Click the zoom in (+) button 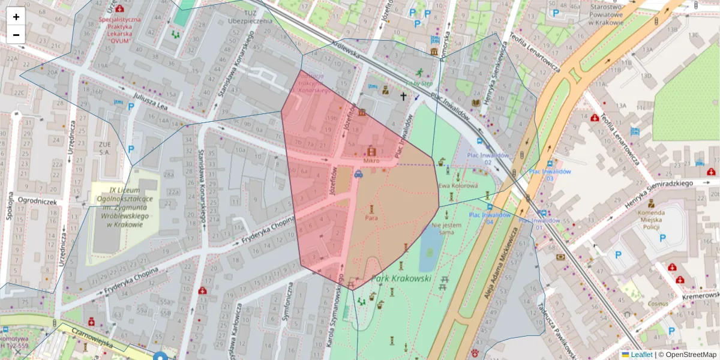pyautogui.click(x=16, y=17)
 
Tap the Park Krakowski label pyautogui.click(x=401, y=278)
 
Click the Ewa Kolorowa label pyautogui.click(x=458, y=186)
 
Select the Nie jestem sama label pyautogui.click(x=447, y=228)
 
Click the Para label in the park pyautogui.click(x=371, y=218)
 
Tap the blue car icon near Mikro pyautogui.click(x=358, y=175)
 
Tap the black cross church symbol pyautogui.click(x=403, y=96)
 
